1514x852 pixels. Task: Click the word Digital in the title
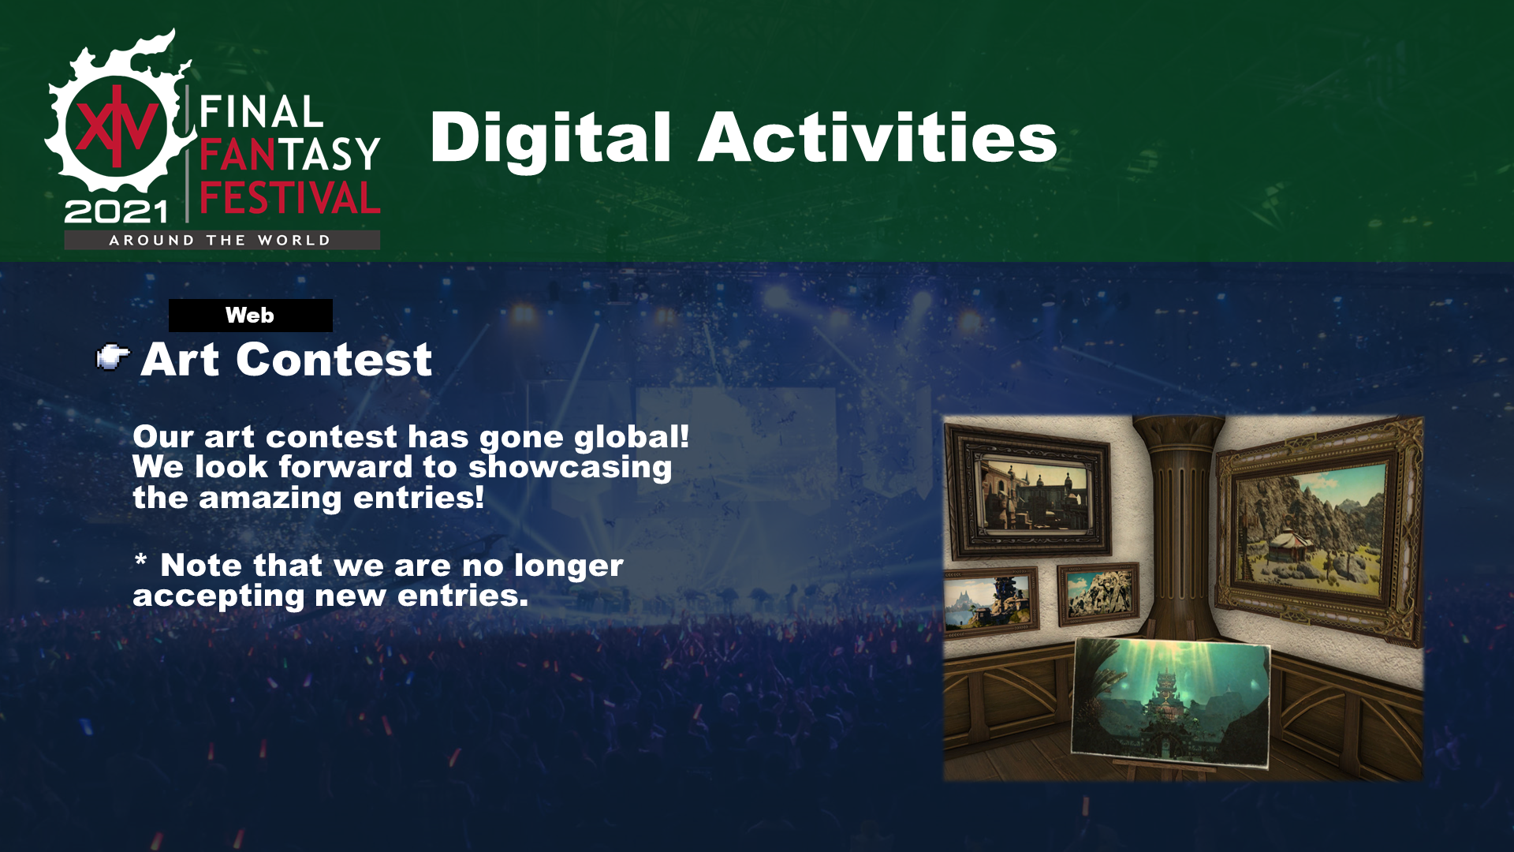click(550, 139)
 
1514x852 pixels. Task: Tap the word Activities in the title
click(878, 137)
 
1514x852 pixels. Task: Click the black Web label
click(250, 316)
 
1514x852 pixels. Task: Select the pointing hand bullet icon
click(113, 357)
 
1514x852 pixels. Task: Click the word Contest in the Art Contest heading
click(334, 360)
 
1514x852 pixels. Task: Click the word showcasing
click(570, 468)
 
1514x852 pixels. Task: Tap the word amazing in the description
click(270, 499)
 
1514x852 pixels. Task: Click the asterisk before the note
click(140, 560)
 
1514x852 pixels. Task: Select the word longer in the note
click(569, 566)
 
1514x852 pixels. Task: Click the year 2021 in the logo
click(117, 211)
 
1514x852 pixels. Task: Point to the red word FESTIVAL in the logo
click(290, 197)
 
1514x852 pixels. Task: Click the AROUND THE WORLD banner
click(222, 240)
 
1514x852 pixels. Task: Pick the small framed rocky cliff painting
click(1098, 593)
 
